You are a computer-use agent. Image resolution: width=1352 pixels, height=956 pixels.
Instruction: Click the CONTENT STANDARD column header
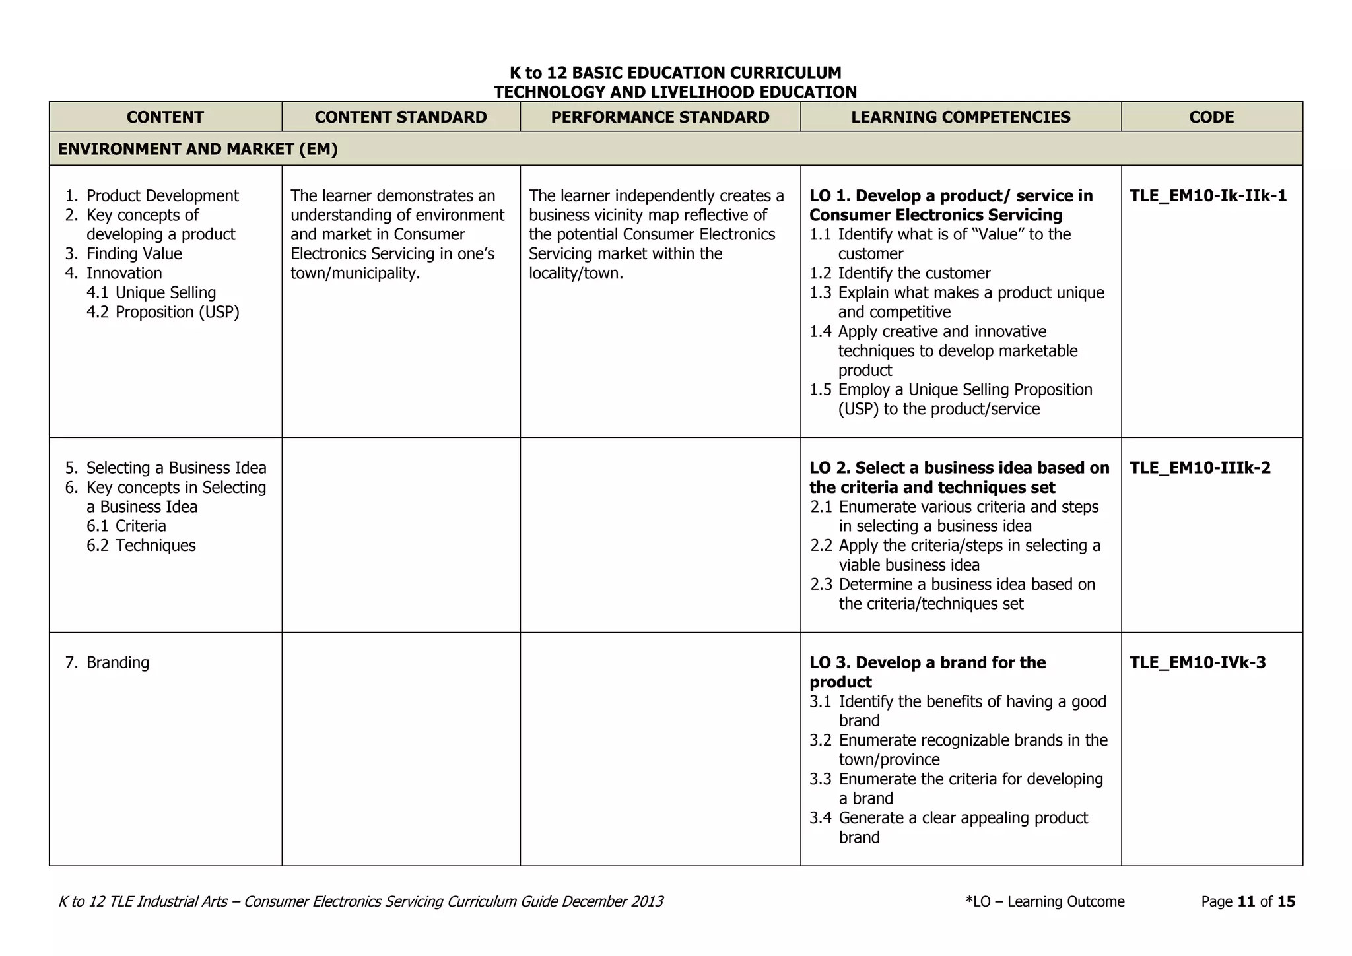400,117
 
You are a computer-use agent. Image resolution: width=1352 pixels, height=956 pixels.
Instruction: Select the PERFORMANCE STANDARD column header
659,117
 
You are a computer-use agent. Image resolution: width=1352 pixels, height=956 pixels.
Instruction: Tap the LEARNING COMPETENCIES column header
961,117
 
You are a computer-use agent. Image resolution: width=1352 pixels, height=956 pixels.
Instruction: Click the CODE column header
1211,117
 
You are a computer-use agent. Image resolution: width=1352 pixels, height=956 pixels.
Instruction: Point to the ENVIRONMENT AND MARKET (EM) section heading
197,149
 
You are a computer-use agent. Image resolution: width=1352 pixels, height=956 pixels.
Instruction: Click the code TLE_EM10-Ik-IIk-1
1207,196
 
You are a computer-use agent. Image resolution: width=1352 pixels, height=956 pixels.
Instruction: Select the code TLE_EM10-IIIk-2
1200,468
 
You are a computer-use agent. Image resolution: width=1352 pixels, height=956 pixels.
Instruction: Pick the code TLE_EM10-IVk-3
1197,662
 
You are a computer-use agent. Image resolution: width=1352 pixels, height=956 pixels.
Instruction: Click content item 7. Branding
108,662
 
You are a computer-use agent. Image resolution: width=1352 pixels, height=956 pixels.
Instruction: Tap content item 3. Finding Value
124,254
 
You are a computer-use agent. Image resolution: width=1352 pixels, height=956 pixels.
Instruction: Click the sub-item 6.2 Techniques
141,546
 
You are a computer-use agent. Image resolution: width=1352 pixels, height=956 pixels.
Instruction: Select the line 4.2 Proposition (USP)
163,312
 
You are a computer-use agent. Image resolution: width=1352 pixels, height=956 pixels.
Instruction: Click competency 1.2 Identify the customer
900,273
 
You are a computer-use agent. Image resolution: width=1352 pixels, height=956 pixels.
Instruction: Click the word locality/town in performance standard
576,273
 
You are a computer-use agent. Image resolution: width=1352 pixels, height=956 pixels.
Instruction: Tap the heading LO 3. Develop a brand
928,662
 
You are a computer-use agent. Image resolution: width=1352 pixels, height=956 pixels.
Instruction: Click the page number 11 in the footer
1246,901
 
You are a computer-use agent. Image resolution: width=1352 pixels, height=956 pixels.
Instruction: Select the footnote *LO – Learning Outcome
1044,901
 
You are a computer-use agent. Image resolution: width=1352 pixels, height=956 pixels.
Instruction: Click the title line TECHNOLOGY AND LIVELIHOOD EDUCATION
675,92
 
